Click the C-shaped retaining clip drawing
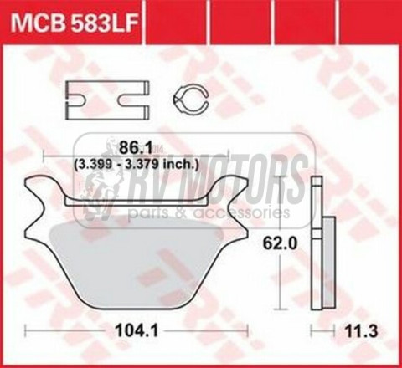189,100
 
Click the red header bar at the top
251,17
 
